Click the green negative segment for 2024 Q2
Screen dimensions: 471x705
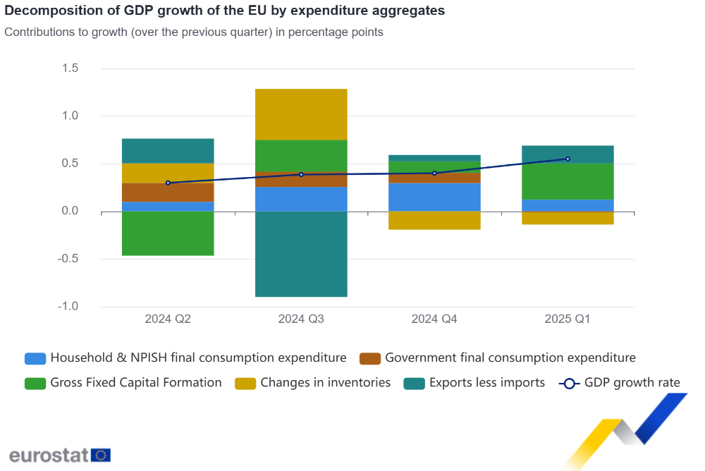coord(168,233)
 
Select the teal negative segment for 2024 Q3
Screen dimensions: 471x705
coord(301,254)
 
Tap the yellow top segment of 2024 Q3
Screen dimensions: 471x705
coord(301,114)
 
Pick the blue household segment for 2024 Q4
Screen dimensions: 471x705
coord(434,197)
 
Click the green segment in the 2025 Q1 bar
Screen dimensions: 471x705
coord(568,181)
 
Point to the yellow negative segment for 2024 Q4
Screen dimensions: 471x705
coord(434,220)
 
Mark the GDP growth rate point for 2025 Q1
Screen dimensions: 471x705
coord(568,159)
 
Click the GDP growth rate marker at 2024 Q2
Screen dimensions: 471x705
coord(168,183)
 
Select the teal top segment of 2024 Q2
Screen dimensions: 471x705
coord(168,151)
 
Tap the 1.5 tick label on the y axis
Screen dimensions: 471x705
coord(69,68)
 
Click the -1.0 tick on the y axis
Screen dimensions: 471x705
coord(68,307)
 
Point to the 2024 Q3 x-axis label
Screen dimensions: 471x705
coord(301,319)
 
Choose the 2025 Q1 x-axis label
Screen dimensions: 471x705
coord(568,319)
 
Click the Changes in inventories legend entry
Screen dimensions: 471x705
coord(325,383)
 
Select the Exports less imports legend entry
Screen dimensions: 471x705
coord(486,383)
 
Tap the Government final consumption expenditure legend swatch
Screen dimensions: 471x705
coord(370,358)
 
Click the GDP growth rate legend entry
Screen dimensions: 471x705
coord(632,383)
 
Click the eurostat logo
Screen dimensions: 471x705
coord(59,454)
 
